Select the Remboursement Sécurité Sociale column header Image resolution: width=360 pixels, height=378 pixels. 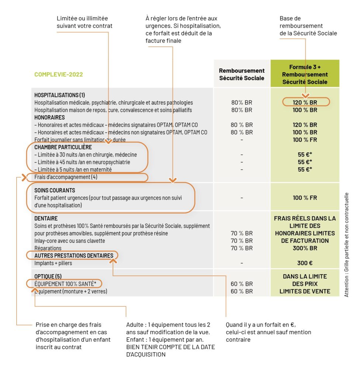pos(242,74)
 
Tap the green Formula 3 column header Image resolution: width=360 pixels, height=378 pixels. pos(305,74)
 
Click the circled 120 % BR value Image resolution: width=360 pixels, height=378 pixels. pos(305,103)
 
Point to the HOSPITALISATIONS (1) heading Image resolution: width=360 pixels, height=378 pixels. pos(60,95)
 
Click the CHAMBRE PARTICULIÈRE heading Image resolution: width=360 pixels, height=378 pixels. pos(63,147)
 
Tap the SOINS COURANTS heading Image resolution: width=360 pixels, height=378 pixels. pos(55,190)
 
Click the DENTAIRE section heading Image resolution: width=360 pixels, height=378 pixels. pos(46,219)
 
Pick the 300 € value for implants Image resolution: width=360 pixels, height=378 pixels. pos(305,263)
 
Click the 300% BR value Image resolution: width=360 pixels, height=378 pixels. pos(305,248)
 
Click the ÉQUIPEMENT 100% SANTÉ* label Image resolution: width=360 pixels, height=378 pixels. pos(65,284)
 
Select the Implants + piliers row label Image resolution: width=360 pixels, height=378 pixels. pos(53,263)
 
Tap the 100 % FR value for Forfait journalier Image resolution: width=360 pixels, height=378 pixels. pos(305,140)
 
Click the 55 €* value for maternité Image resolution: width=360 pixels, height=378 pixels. pos(305,169)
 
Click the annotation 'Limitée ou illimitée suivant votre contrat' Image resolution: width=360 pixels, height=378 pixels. pos(84,22)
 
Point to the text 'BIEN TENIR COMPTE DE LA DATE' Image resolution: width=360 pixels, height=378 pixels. pos(170,347)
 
